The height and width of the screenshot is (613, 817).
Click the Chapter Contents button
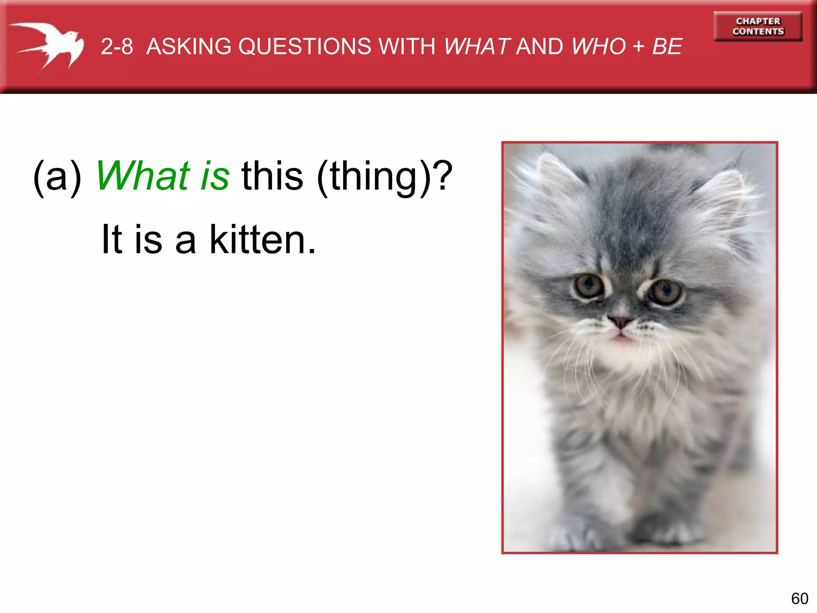758,26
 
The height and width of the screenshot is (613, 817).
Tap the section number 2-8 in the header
116,46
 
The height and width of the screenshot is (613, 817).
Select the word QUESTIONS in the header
304,46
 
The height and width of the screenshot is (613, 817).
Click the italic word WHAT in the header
477,46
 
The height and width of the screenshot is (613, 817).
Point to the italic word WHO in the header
598,46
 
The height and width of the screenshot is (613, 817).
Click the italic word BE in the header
667,46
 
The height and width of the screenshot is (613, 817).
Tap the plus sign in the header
639,46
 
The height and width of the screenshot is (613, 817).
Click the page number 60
799,599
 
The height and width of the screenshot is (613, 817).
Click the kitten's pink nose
620,321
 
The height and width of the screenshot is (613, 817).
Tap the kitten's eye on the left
588,285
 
